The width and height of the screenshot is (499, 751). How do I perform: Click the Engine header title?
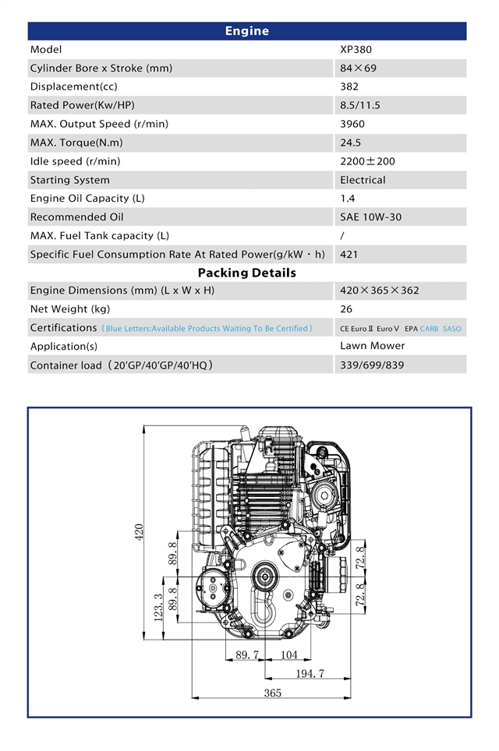point(246,31)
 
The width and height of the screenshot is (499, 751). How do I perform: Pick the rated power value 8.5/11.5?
point(360,105)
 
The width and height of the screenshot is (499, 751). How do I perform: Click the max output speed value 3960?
point(352,124)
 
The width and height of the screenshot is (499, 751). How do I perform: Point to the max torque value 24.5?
point(351,143)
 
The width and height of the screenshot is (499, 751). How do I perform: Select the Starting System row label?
point(70,180)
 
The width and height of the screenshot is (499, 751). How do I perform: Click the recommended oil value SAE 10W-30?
point(370,217)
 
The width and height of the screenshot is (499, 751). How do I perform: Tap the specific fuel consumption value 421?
point(349,255)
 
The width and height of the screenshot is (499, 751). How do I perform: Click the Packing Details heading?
point(246,273)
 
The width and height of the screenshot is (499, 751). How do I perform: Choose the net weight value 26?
point(346,309)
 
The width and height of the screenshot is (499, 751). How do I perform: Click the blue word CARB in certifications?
point(429,329)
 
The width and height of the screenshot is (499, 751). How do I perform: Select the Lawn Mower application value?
point(373,345)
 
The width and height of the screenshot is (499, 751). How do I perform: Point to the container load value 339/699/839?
point(372,365)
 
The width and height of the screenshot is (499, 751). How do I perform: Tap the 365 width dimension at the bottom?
point(272,693)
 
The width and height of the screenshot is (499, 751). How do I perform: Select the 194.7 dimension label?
point(310,673)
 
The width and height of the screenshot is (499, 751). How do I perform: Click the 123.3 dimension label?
point(159,608)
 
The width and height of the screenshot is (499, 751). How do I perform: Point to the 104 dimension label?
point(289,655)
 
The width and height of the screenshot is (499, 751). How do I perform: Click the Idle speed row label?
point(75,161)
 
